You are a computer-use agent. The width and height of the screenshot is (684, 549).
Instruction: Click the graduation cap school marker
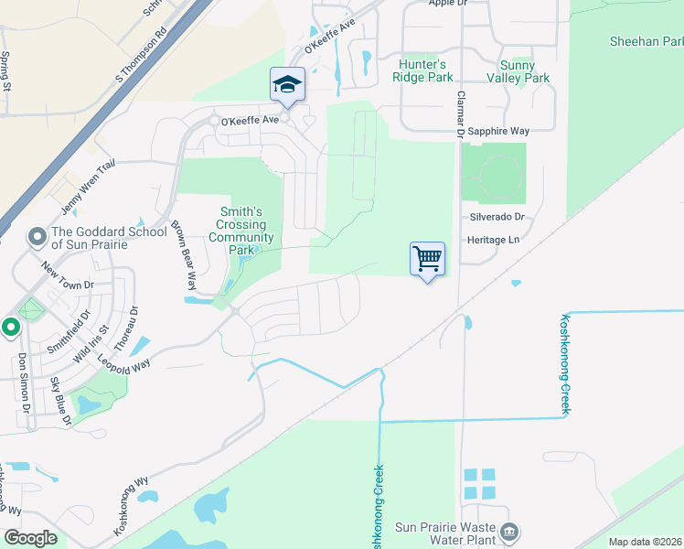coord(287,85)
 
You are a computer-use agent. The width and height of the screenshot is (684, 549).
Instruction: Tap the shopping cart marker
coord(427,259)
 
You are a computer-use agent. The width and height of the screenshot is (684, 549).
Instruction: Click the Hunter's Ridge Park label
coord(423,70)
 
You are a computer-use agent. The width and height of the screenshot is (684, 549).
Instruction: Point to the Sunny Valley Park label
coord(525,71)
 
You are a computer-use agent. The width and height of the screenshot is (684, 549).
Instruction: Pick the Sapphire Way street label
coord(498,132)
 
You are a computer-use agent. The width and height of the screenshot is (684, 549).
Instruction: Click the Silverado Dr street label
coord(498,218)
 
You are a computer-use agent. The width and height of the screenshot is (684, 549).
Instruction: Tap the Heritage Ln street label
coord(494,239)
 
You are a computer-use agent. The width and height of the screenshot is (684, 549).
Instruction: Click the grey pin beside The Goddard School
coord(37,238)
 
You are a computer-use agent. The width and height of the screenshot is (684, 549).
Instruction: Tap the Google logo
coord(30,538)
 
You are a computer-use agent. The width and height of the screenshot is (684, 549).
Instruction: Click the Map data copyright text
coord(646,542)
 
